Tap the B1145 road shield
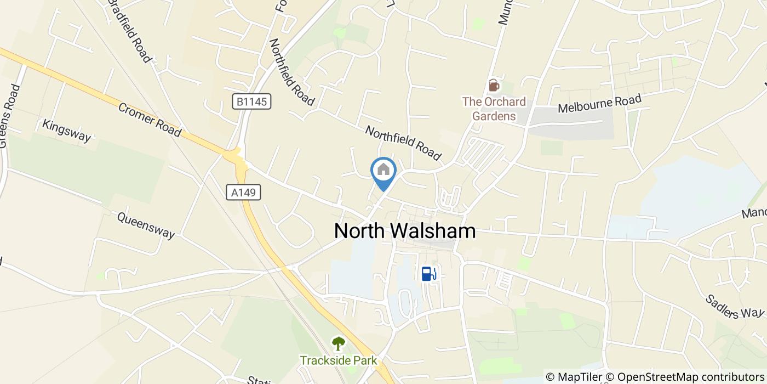click(x=251, y=101)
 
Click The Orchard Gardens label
click(x=494, y=109)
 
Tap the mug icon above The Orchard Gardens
click(x=494, y=86)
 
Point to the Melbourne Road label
click(x=599, y=104)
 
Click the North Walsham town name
click(x=405, y=231)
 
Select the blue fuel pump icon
click(x=428, y=273)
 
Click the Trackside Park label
click(x=339, y=360)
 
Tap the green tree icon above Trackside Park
click(x=339, y=344)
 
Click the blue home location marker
click(x=383, y=171)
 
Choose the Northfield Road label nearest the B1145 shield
click(x=291, y=72)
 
